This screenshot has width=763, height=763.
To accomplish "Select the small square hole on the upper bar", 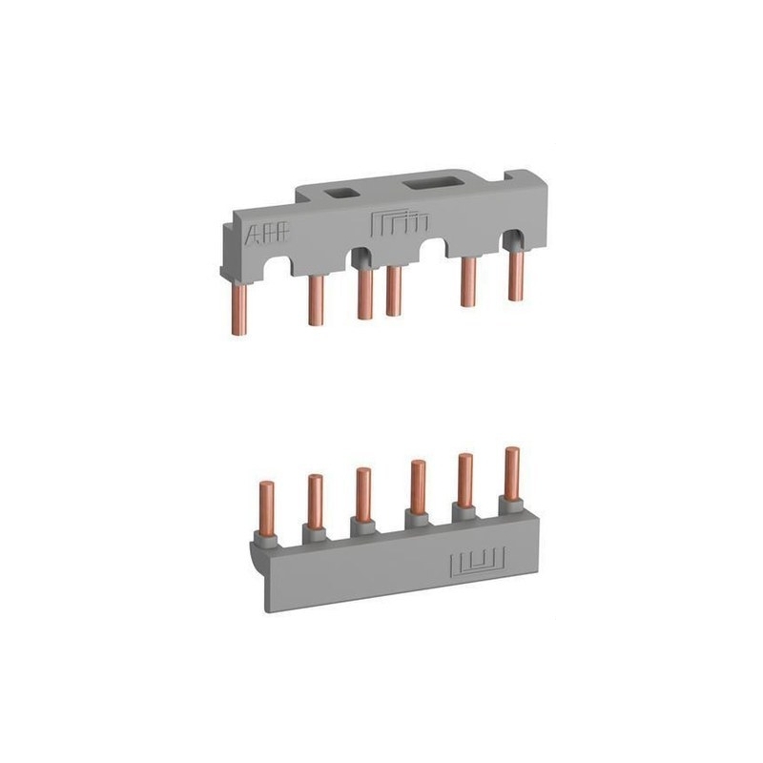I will (x=339, y=192).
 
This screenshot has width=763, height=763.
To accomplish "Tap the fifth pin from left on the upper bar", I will (x=468, y=281).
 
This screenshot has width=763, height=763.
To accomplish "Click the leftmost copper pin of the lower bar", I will (x=266, y=510).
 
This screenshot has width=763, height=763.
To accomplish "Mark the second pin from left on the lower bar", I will (x=314, y=501).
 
